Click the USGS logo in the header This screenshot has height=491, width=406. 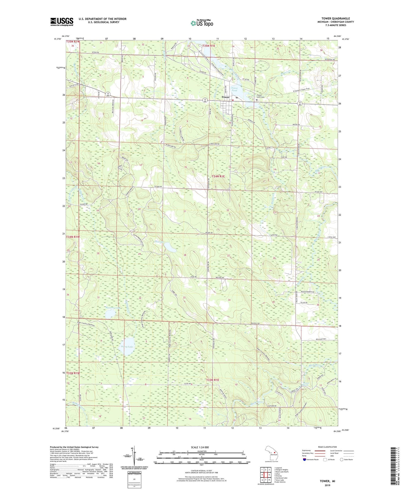click(62, 22)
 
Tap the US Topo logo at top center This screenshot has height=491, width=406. click(202, 23)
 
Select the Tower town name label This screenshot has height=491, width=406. click(225, 97)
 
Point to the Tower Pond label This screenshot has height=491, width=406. click(234, 89)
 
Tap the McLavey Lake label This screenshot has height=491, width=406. click(113, 308)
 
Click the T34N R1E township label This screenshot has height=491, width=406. click(218, 176)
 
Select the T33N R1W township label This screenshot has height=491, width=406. click(73, 373)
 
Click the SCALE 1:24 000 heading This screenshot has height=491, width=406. click(200, 447)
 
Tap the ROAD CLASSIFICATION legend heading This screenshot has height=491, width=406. click(328, 447)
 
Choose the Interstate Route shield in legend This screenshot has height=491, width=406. click(304, 460)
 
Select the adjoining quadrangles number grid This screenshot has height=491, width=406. click(266, 474)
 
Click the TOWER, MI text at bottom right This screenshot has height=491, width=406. click(327, 481)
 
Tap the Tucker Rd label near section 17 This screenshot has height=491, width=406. click(158, 187)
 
